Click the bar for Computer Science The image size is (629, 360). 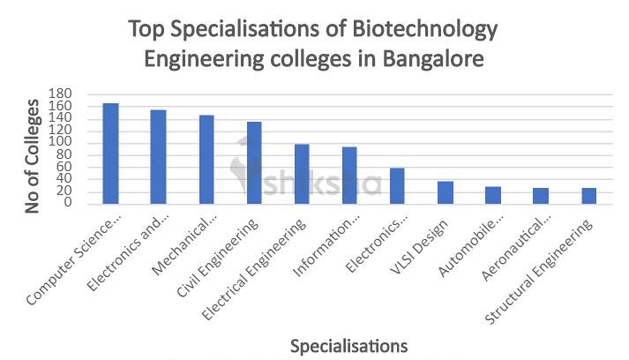110,154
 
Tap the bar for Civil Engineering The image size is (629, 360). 254,162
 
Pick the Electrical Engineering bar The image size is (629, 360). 302,174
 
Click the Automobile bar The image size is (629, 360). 493,195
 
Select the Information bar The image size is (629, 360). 349,176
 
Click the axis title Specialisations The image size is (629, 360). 349,343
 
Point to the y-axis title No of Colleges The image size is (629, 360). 34,156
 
